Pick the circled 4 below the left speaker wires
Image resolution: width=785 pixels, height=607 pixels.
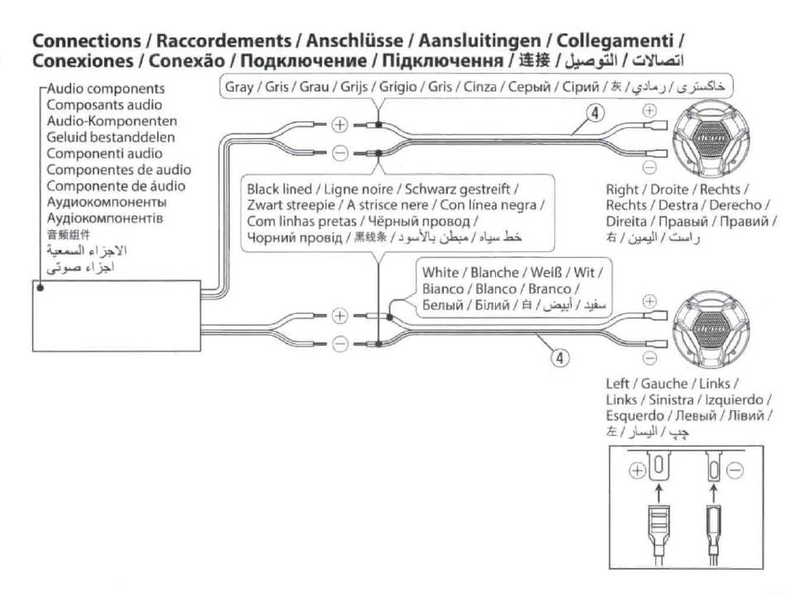coord(561,358)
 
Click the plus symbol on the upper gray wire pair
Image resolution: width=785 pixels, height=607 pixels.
coord(340,125)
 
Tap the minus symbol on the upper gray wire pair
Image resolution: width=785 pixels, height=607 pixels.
coord(340,153)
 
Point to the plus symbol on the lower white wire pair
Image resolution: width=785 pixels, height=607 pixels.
coord(340,315)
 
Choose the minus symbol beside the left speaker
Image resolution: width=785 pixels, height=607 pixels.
coord(649,357)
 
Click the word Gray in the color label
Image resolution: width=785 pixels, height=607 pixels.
coord(240,86)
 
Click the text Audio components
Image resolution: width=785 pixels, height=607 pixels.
coord(105,88)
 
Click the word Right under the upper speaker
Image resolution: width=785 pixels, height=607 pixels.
coord(621,189)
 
